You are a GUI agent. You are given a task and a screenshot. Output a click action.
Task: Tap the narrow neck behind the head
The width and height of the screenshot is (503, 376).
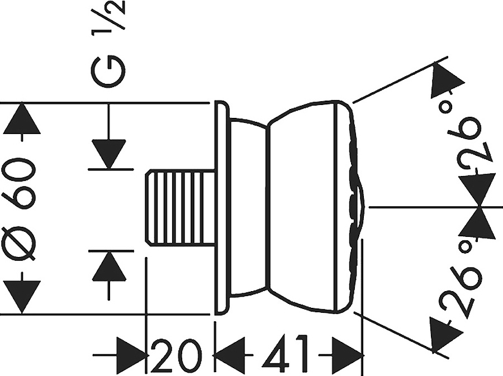(249, 207)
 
